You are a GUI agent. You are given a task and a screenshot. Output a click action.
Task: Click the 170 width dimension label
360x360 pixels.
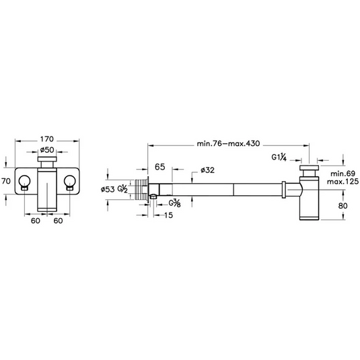(x=47, y=139)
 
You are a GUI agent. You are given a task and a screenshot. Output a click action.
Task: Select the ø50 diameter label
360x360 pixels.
(x=47, y=150)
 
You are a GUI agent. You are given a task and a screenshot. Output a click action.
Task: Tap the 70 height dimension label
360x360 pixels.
(x=6, y=181)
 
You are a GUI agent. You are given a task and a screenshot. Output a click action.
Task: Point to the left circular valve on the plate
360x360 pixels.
(x=25, y=182)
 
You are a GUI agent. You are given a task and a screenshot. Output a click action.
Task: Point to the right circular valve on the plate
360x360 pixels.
(x=70, y=182)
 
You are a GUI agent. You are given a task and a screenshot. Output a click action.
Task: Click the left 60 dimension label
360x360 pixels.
(x=36, y=221)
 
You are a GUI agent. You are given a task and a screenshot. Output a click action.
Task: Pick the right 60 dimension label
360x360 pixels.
(x=58, y=221)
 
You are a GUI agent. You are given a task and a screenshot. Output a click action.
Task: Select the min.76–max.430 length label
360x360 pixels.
(x=228, y=144)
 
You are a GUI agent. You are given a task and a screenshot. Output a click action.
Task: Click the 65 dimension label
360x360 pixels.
(x=159, y=167)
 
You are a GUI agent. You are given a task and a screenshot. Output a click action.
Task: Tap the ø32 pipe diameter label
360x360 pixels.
(x=207, y=170)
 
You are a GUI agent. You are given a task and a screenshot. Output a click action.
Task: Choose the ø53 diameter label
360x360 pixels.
(x=108, y=189)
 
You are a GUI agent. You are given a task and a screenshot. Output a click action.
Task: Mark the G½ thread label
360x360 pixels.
(x=122, y=189)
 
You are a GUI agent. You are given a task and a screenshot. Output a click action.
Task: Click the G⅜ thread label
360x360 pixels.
(x=174, y=203)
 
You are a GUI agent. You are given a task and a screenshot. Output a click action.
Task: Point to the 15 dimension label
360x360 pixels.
(x=168, y=215)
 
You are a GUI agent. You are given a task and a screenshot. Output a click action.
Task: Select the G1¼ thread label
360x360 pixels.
(x=279, y=157)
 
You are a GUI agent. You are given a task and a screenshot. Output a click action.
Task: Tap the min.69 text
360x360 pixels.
(x=343, y=174)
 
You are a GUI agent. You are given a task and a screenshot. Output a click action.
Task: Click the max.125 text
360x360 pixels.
(x=343, y=182)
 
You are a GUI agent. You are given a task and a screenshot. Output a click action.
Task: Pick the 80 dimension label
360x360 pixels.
(x=343, y=206)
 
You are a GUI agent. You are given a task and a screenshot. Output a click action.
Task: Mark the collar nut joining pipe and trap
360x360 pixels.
(x=284, y=190)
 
